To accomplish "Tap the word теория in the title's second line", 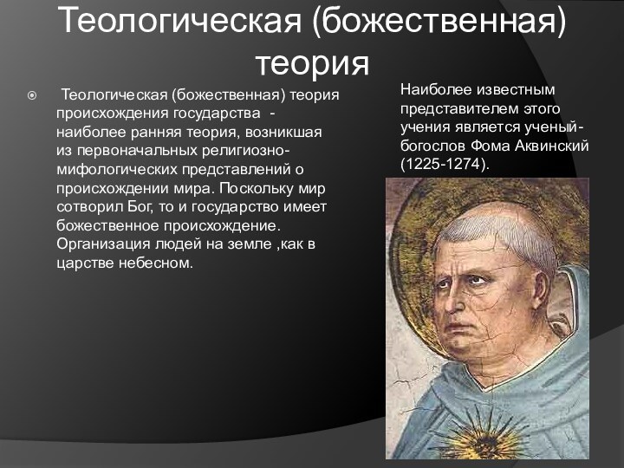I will click(312, 63).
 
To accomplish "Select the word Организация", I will click(101, 244).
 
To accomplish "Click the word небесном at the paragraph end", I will click(161, 263).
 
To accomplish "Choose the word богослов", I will click(432, 146).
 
